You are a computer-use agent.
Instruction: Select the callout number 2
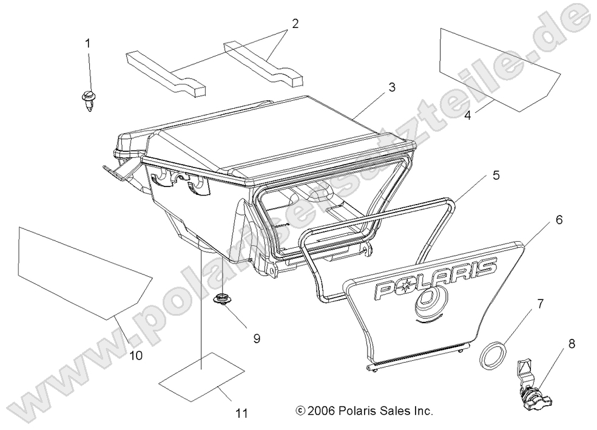pos(295,24)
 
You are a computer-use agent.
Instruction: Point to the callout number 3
pos(392,87)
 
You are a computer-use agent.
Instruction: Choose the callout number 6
pos(559,220)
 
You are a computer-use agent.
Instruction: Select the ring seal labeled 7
pos(493,355)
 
